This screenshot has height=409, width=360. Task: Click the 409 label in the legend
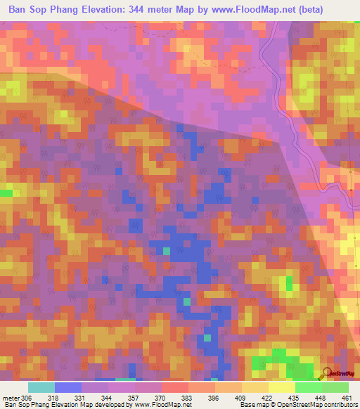(x=226, y=397)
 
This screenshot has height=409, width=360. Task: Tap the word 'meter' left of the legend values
(x=11, y=397)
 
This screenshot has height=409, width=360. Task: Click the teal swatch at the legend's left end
(x=41, y=387)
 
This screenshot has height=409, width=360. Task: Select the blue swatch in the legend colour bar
(x=67, y=387)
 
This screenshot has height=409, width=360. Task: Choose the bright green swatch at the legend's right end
(x=335, y=387)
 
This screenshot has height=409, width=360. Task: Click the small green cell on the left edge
(x=6, y=192)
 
